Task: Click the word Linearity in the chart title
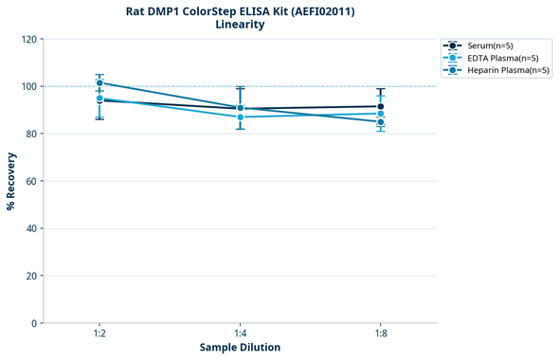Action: pyautogui.click(x=240, y=25)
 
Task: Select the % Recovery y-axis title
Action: pyautogui.click(x=11, y=181)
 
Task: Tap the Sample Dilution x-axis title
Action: pyautogui.click(x=240, y=347)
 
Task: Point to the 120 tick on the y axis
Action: pyautogui.click(x=28, y=39)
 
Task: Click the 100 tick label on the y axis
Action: pyautogui.click(x=28, y=86)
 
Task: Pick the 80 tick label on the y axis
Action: pyautogui.click(x=31, y=134)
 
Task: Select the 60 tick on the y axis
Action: pyautogui.click(x=31, y=181)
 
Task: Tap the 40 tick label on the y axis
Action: pyautogui.click(x=31, y=228)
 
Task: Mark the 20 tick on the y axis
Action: pyautogui.click(x=31, y=276)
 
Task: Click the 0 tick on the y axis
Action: pyautogui.click(x=34, y=323)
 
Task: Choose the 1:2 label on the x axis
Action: pyautogui.click(x=99, y=333)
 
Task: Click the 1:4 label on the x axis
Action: pyautogui.click(x=241, y=333)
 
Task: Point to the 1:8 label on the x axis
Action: pyautogui.click(x=381, y=333)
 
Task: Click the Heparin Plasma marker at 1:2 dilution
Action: pyautogui.click(x=99, y=83)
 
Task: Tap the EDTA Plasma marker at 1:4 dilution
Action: pyautogui.click(x=241, y=117)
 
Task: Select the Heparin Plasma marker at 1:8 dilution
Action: pyautogui.click(x=381, y=121)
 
